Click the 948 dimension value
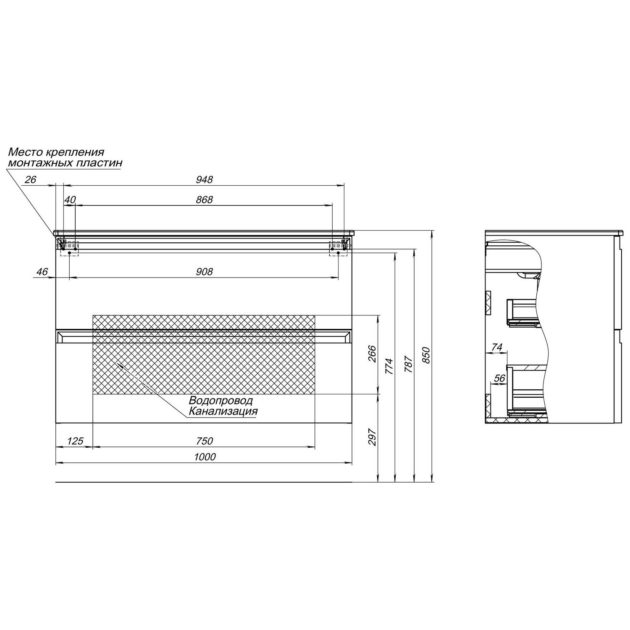pos(205,179)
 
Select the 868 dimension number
pos(205,199)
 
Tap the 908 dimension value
pos(205,272)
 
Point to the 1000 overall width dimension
pos(205,457)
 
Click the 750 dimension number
pos(205,441)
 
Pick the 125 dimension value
pos(75,441)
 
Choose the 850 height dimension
pos(426,355)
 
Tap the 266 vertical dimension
pos(372,354)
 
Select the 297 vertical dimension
pos(372,437)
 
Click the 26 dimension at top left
pos(31,179)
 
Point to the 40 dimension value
pos(70,199)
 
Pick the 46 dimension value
pos(42,272)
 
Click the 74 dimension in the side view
pos(496,347)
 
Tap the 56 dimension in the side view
pos(499,378)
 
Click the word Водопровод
pos(220,401)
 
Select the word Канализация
pos(223,411)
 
